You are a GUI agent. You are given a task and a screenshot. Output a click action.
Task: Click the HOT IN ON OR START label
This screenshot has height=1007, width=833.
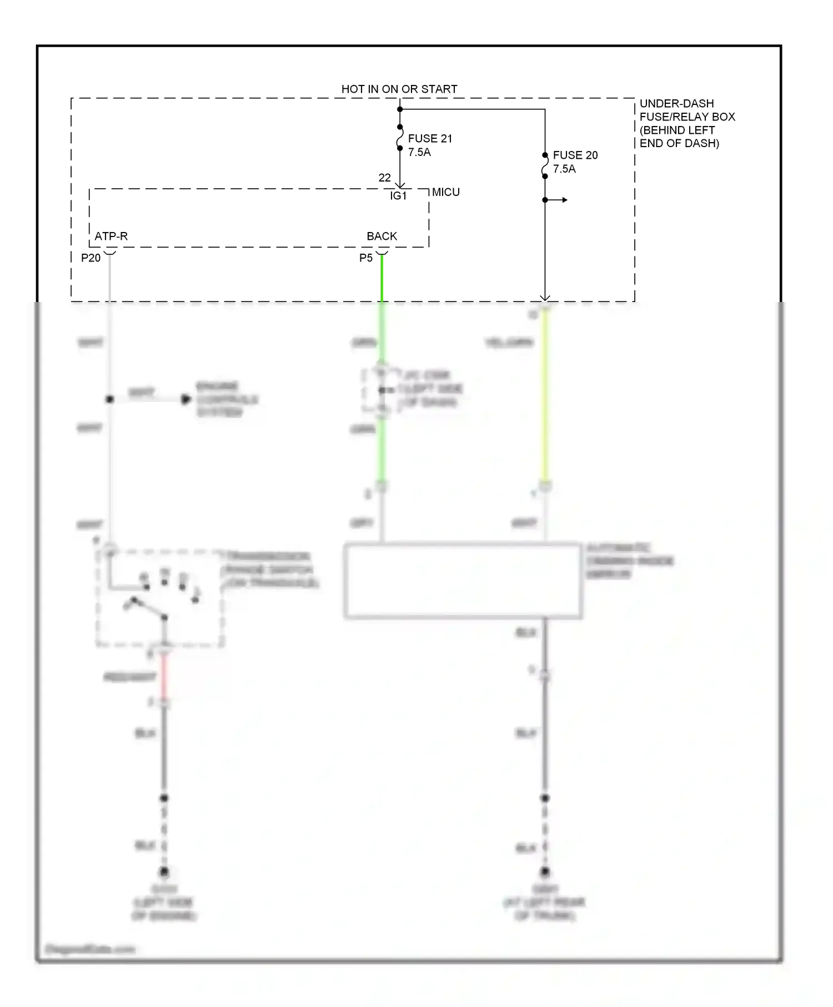[x=399, y=89]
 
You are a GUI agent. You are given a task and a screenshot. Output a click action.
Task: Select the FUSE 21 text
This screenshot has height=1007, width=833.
[x=430, y=138]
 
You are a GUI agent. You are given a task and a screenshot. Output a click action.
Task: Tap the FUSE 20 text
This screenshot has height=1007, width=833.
[x=575, y=155]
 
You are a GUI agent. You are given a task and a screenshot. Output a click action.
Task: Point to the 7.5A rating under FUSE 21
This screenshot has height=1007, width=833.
[x=419, y=152]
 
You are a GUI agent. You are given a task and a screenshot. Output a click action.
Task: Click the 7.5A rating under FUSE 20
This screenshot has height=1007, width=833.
[x=564, y=169]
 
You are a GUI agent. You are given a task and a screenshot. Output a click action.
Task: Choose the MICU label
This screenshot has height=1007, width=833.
[x=446, y=192]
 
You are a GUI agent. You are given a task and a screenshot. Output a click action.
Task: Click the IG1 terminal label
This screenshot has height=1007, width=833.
[x=398, y=195]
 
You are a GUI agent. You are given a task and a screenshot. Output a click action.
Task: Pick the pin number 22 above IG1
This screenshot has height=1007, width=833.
[x=384, y=178]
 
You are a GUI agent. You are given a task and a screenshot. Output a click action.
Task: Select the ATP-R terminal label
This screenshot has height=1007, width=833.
[x=111, y=236]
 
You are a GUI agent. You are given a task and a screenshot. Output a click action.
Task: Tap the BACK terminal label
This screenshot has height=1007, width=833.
[x=382, y=236]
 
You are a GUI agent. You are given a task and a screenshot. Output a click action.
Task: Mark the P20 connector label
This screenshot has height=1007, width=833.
[x=91, y=258]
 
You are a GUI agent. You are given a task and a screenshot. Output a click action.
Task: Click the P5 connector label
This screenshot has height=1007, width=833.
[x=365, y=258]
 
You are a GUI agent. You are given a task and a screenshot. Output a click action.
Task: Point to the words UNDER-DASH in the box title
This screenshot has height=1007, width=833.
[x=676, y=103]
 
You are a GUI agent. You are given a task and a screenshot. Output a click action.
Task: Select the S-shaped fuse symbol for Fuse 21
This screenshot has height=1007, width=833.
[x=400, y=138]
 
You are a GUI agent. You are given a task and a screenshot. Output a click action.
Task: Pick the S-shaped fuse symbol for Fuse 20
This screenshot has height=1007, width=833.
[x=545, y=166]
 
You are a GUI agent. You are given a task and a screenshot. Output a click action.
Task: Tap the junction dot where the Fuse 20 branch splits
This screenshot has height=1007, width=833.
[x=545, y=200]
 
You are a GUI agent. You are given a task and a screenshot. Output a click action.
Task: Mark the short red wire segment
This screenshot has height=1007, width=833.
[x=164, y=678]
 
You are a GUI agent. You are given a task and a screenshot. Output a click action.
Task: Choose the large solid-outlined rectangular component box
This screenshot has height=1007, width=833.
[x=463, y=581]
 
